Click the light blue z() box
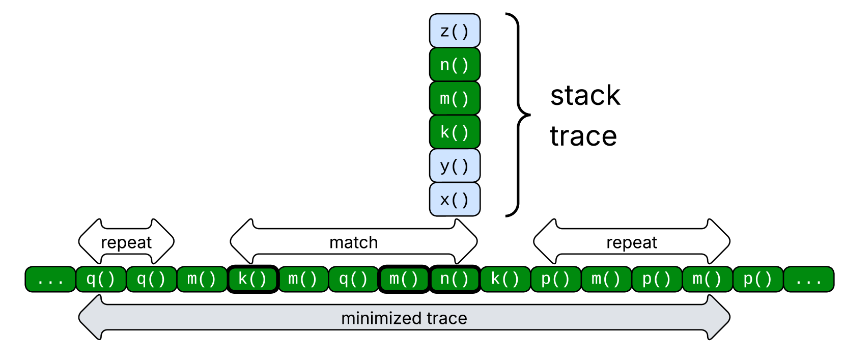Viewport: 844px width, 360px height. click(455, 31)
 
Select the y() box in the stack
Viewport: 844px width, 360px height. click(455, 165)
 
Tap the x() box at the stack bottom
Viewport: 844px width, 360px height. click(455, 200)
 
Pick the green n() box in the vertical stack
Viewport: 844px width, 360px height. click(455, 65)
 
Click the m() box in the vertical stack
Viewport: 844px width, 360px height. click(455, 98)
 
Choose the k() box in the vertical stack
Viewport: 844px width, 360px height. click(455, 132)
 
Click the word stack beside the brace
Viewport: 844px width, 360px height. click(585, 95)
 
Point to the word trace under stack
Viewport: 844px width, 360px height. click(583, 136)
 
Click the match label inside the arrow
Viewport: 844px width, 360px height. click(353, 242)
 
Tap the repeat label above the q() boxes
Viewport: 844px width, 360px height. click(126, 243)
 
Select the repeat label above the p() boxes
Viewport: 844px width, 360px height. click(632, 243)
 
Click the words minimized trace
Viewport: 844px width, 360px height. click(404, 318)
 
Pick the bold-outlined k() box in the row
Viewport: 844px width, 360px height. click(252, 279)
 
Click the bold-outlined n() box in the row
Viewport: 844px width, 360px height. click(455, 279)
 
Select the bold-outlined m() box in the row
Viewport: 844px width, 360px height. click(404, 279)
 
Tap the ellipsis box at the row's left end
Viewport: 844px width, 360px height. click(50, 279)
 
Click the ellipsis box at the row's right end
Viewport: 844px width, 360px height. click(808, 279)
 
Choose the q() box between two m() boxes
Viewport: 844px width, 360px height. click(353, 279)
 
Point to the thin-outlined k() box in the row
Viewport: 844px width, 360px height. click(505, 279)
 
